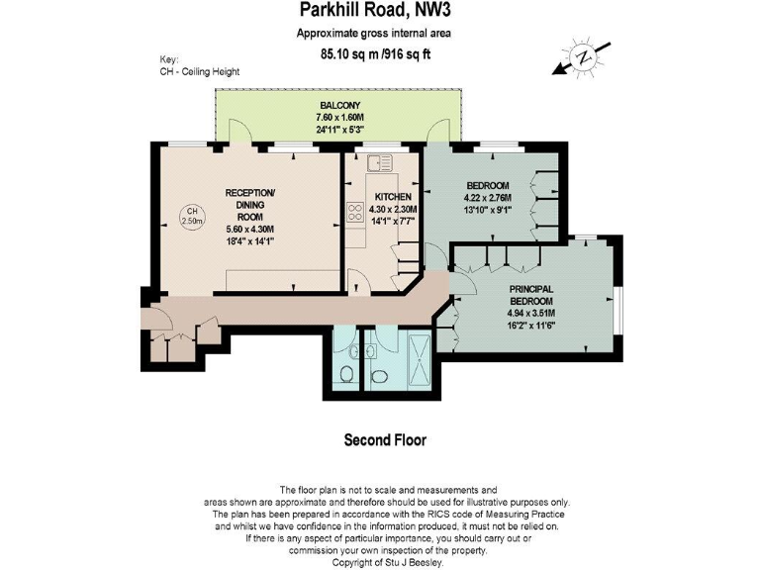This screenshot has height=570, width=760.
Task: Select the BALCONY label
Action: (x=339, y=105)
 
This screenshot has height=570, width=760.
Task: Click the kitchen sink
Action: (x=374, y=164)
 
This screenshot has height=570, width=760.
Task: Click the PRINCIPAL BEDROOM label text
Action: (x=531, y=294)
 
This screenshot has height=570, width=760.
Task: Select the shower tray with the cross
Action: (x=417, y=360)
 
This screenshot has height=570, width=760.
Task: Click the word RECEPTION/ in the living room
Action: (x=250, y=192)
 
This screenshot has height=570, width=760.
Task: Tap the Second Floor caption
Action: (x=385, y=440)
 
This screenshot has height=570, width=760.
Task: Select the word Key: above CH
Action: (x=169, y=59)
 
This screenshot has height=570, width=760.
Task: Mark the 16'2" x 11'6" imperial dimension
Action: (x=531, y=324)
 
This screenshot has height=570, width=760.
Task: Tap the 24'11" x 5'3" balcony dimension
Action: (x=339, y=129)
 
